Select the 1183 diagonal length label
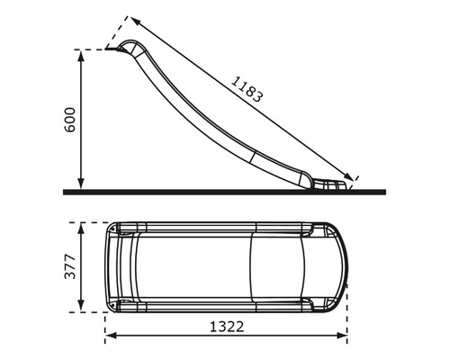click(247, 85)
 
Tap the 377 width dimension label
click(70, 267)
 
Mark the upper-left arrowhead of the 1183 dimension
click(133, 21)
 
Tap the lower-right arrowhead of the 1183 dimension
click(352, 175)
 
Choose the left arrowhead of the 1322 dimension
click(110, 337)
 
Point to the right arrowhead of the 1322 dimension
click(344, 337)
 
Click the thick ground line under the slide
click(225, 192)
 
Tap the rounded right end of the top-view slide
click(343, 266)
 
